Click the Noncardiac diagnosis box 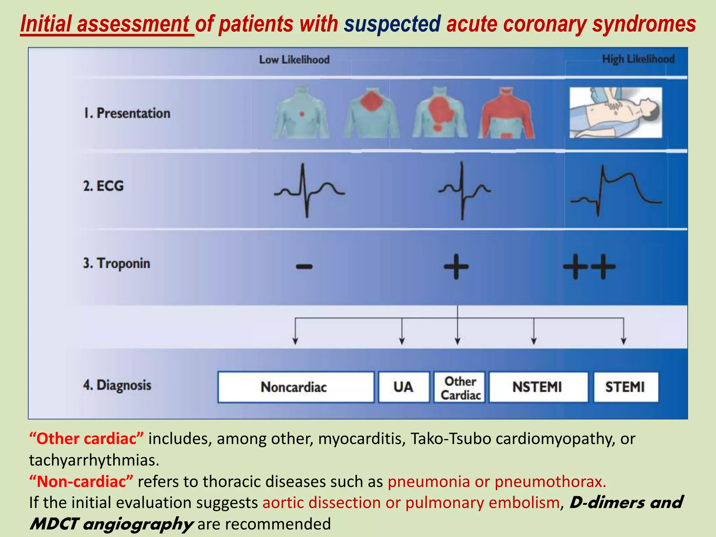[x=296, y=387]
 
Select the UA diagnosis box [x=404, y=387]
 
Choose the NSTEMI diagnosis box [x=538, y=387]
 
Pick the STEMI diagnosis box [x=625, y=387]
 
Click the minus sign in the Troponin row [x=304, y=267]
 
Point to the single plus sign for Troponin [x=456, y=267]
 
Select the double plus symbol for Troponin [x=589, y=267]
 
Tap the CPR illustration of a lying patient [x=616, y=113]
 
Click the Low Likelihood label [x=294, y=60]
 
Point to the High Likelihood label [x=638, y=59]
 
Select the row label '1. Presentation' [x=127, y=113]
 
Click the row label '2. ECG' [x=103, y=186]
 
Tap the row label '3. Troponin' [x=117, y=263]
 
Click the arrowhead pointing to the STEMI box [x=624, y=341]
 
